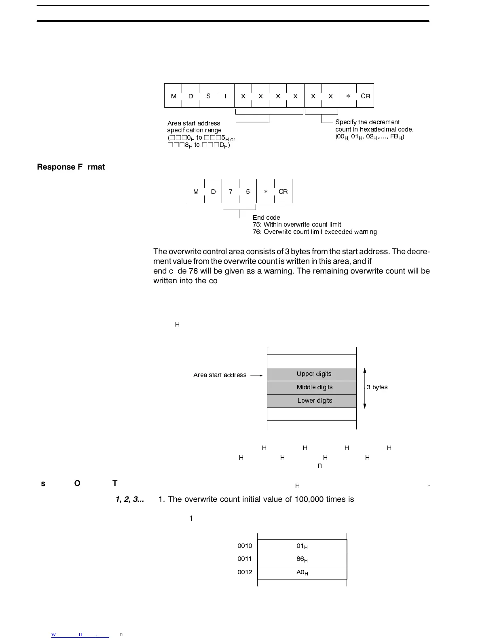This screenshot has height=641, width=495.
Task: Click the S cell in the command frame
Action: (x=208, y=96)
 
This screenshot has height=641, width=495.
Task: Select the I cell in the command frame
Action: (x=226, y=96)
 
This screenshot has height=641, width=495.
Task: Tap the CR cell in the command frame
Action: (x=365, y=96)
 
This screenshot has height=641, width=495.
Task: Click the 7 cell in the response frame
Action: (x=231, y=191)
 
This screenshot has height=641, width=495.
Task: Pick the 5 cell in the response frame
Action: (x=248, y=191)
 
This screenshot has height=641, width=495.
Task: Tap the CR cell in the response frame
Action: (x=283, y=191)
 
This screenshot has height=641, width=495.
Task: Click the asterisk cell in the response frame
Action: (x=266, y=191)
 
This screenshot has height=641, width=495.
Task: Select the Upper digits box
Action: (x=312, y=374)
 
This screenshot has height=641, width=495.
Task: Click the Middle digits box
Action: (x=312, y=387)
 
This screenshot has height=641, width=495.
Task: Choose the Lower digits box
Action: (x=312, y=401)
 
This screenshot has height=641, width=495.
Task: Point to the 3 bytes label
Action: (x=377, y=387)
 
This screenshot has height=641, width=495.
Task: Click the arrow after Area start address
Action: (x=256, y=376)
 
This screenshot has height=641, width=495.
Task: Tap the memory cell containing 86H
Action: (x=302, y=559)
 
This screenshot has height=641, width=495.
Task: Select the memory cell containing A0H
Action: (x=302, y=573)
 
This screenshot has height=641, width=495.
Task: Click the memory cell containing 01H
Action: (x=302, y=546)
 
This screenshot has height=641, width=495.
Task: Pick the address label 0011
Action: (x=245, y=559)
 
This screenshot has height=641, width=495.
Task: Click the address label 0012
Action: (x=245, y=572)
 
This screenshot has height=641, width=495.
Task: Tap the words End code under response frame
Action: (x=266, y=218)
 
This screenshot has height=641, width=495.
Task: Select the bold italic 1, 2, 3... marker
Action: (x=130, y=499)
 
